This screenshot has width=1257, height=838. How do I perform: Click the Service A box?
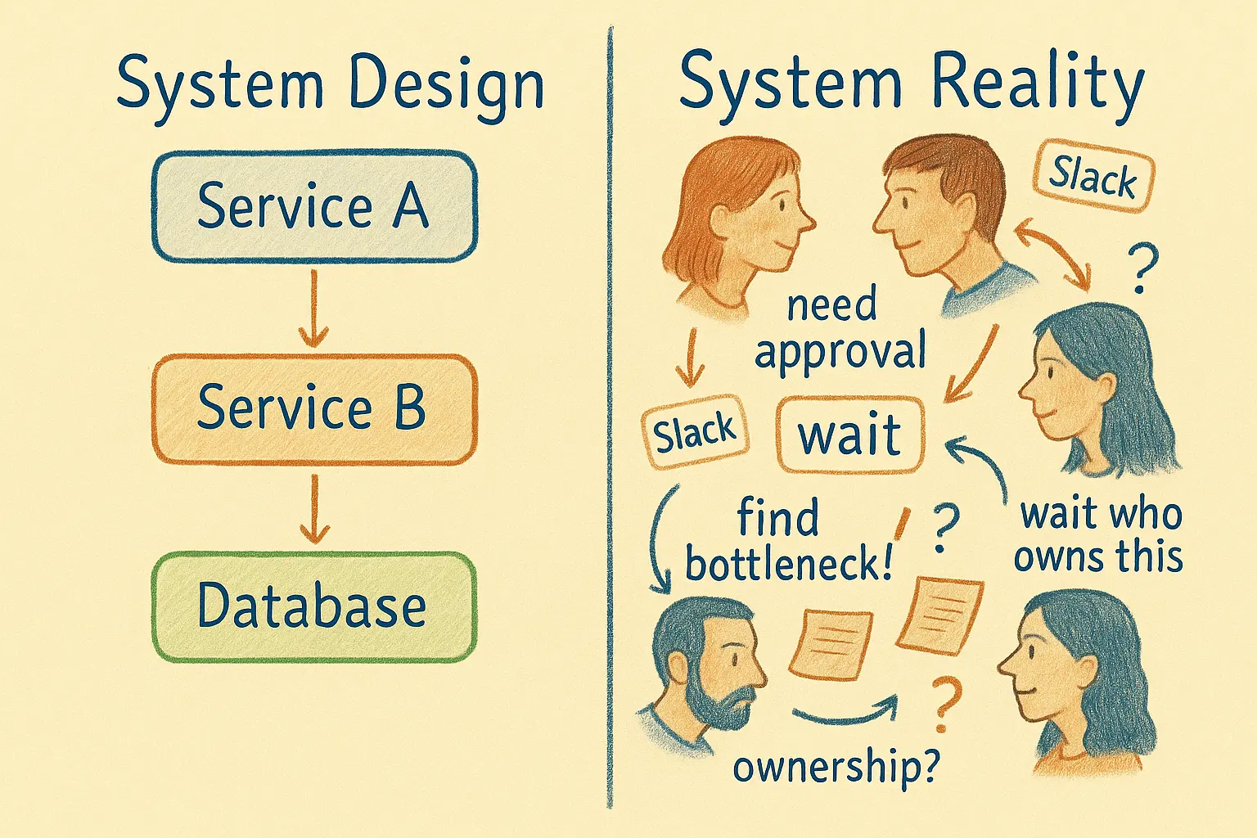point(314,206)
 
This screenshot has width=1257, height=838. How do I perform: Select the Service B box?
point(314,408)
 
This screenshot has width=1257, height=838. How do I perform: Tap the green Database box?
point(314,606)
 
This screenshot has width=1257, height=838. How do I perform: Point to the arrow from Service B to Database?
point(314,509)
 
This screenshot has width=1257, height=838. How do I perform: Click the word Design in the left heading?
point(446,84)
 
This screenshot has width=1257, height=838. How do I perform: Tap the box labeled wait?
point(849,435)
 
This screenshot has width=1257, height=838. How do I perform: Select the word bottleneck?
point(788,564)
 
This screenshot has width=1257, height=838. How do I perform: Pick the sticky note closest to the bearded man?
point(829,644)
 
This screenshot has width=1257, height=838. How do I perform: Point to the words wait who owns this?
point(1098,536)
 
